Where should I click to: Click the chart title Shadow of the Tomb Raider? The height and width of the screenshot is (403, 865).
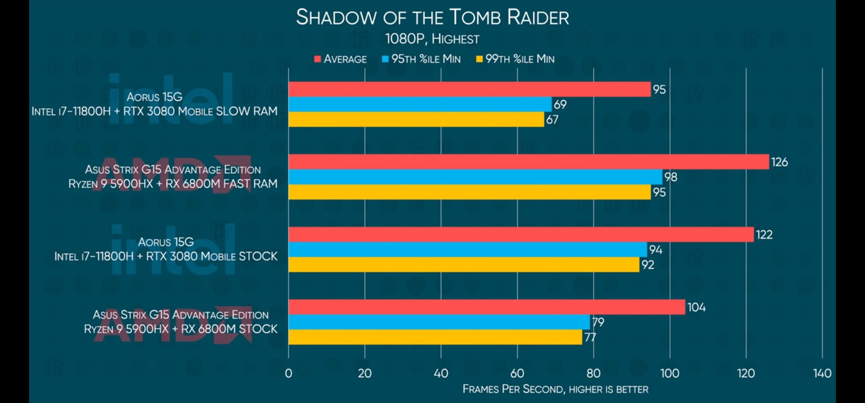click(432, 18)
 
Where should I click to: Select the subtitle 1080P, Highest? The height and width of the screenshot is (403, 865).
click(432, 39)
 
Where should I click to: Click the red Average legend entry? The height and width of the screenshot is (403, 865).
click(341, 59)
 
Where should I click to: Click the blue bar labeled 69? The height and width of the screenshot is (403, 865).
click(420, 104)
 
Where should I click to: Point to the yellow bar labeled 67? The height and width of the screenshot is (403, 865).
click(416, 119)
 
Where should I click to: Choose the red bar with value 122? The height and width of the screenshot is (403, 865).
click(521, 234)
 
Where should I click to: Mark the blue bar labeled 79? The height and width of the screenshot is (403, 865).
click(439, 322)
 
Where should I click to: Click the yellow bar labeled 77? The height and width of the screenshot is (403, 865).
click(435, 337)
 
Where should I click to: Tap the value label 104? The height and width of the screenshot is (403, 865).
click(696, 308)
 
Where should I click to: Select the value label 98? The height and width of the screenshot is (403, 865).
click(670, 177)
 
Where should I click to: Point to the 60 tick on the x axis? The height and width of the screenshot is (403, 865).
click(517, 373)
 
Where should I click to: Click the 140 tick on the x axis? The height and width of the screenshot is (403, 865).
click(822, 373)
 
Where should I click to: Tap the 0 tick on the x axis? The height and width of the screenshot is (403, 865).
click(289, 373)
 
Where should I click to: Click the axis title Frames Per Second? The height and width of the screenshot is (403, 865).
click(555, 389)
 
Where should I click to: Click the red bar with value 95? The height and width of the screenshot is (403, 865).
click(470, 89)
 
